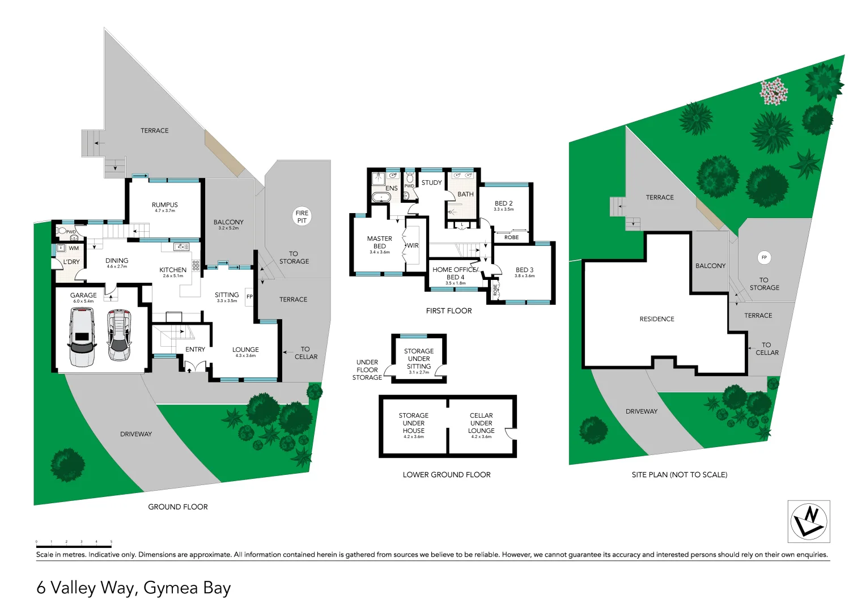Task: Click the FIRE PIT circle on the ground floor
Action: (302, 216)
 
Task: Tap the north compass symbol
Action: (809, 521)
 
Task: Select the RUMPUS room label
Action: (164, 205)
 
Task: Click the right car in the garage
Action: (118, 335)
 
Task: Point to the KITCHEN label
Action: (173, 270)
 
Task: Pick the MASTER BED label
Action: (379, 243)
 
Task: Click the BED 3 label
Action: (524, 270)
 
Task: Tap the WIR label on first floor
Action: (413, 245)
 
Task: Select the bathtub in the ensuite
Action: (381, 198)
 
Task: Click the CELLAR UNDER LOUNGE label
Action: (481, 423)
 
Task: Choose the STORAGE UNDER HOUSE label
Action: (413, 423)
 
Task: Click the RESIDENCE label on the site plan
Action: (657, 319)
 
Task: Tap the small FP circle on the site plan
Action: (764, 258)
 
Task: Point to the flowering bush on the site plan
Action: (774, 91)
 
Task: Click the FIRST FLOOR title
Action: (449, 311)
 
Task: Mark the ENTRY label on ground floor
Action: (195, 350)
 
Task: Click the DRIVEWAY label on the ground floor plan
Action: (136, 434)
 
